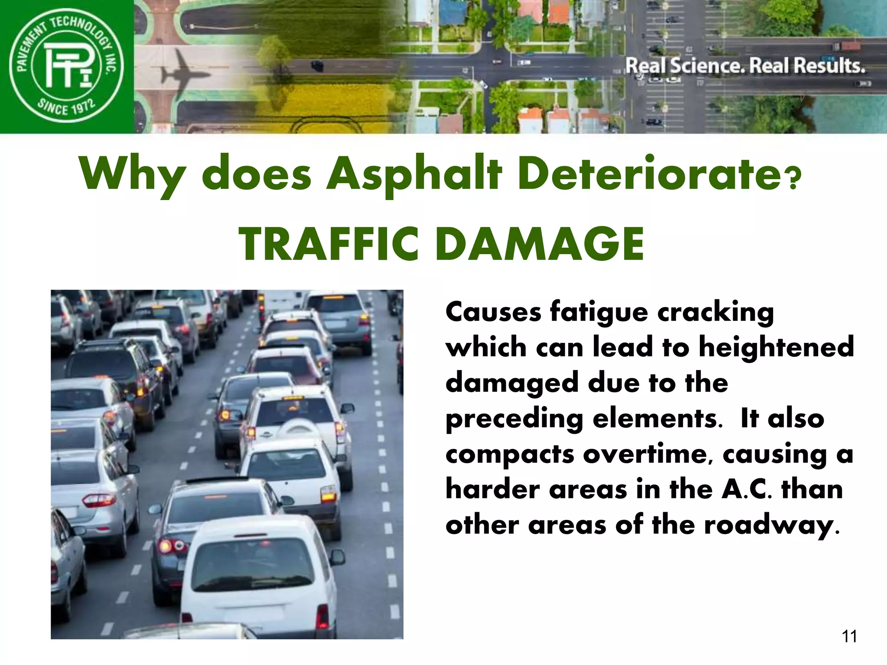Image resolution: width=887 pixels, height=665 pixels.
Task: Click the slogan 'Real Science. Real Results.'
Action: coord(745,66)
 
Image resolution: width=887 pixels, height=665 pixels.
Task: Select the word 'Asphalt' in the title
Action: coord(414,174)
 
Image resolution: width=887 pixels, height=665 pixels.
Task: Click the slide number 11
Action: coord(849,636)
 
